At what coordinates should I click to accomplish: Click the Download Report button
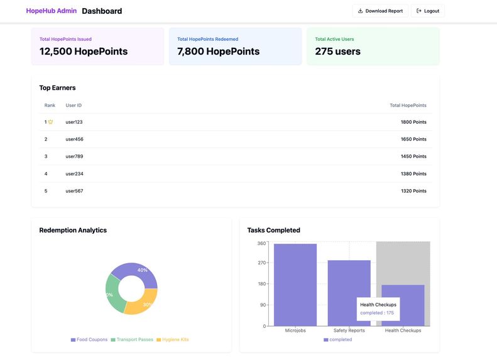click(380, 11)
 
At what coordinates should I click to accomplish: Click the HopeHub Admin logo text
click(51, 11)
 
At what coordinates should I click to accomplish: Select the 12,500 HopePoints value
click(83, 52)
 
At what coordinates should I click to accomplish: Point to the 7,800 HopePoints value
click(218, 52)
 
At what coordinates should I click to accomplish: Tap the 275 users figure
click(337, 52)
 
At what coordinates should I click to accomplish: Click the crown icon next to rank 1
click(51, 122)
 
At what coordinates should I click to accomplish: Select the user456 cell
click(74, 139)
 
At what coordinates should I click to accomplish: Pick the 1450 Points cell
click(413, 156)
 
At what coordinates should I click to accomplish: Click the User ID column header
click(74, 106)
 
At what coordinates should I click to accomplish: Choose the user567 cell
click(74, 191)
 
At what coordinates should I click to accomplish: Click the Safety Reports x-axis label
click(349, 330)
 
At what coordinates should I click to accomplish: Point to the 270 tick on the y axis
click(261, 263)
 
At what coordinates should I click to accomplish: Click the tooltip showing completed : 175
click(378, 308)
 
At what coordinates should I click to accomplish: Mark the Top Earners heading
click(57, 88)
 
